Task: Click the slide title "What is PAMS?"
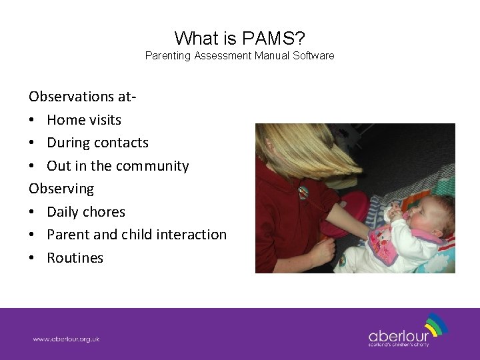(x=240, y=37)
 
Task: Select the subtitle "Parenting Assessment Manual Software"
(x=240, y=56)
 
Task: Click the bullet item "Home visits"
(x=84, y=120)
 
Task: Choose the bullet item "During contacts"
(x=97, y=143)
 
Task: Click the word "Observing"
(x=61, y=189)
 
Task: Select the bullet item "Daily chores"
(x=86, y=212)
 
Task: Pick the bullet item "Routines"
(x=75, y=258)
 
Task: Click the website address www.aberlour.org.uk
(x=67, y=339)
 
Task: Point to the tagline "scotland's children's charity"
(x=399, y=345)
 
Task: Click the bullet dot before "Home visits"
(x=33, y=121)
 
